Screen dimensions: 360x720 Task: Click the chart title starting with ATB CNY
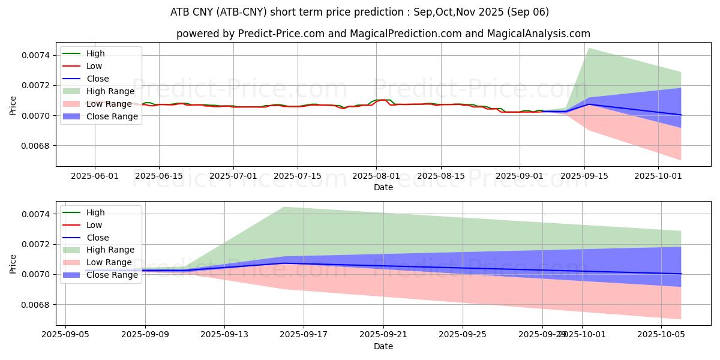[359, 12]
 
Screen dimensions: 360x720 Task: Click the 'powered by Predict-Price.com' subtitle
[383, 34]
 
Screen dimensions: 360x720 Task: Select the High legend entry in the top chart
[95, 53]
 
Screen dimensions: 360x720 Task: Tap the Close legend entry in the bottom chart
[98, 238]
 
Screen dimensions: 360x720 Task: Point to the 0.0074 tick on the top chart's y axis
[37, 55]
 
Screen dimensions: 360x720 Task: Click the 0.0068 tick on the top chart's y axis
[37, 146]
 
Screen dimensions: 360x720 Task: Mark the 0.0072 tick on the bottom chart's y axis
[37, 244]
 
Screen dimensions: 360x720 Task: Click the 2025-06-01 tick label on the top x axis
[95, 176]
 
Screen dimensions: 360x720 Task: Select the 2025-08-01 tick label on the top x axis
[376, 176]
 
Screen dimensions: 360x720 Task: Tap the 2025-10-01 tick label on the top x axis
[658, 176]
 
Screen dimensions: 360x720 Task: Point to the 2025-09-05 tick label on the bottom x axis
[65, 335]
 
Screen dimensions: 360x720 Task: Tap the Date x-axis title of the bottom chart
[383, 346]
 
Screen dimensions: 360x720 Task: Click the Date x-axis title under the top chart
[383, 187]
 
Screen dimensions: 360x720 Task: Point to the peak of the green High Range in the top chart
[589, 49]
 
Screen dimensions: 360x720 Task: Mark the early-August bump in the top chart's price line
[383, 100]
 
